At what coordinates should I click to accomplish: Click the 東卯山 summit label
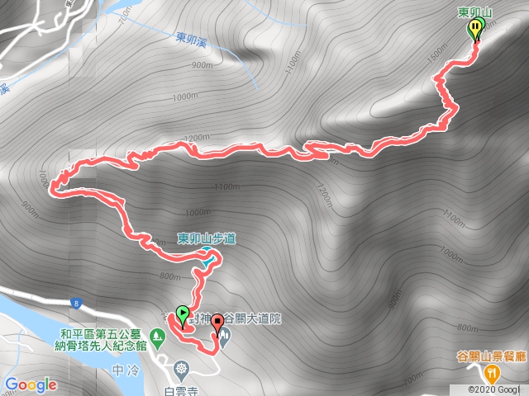[475, 12]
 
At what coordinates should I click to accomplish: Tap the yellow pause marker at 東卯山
[476, 31]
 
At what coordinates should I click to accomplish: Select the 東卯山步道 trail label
[207, 239]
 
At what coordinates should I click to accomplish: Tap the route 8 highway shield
[75, 304]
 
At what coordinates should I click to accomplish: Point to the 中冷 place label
[122, 370]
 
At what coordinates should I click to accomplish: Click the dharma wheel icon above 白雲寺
[181, 368]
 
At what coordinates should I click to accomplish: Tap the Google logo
[31, 384]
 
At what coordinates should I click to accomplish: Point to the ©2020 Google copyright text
[497, 389]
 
